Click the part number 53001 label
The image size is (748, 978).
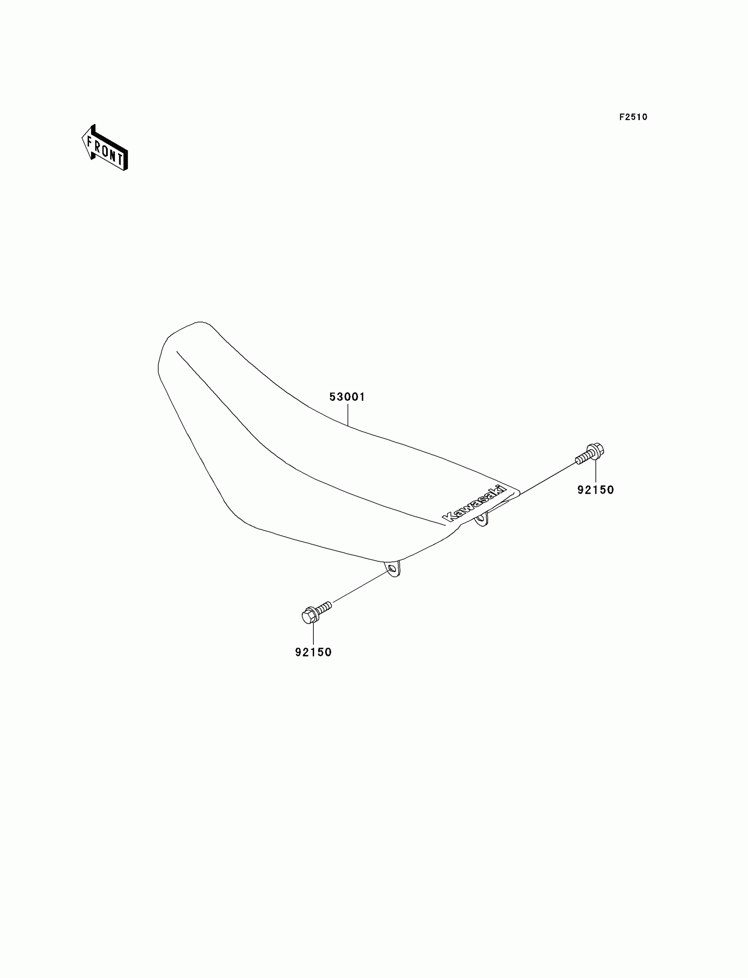pyautogui.click(x=347, y=397)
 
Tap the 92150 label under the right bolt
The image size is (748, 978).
pyautogui.click(x=595, y=490)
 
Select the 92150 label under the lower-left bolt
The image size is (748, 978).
pyautogui.click(x=313, y=652)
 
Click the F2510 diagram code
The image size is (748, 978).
pyautogui.click(x=633, y=117)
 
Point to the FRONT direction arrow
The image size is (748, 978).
pyautogui.click(x=105, y=148)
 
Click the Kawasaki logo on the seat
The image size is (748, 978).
pyautogui.click(x=474, y=503)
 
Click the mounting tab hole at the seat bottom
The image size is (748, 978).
pyautogui.click(x=391, y=569)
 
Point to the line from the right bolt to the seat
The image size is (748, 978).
pyautogui.click(x=548, y=479)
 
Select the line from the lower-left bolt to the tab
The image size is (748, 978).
pyautogui.click(x=361, y=586)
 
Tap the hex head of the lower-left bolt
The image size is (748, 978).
pyautogui.click(x=309, y=616)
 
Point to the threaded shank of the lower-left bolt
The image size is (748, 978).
pyautogui.click(x=325, y=607)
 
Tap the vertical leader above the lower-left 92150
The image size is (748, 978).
pyautogui.click(x=313, y=634)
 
